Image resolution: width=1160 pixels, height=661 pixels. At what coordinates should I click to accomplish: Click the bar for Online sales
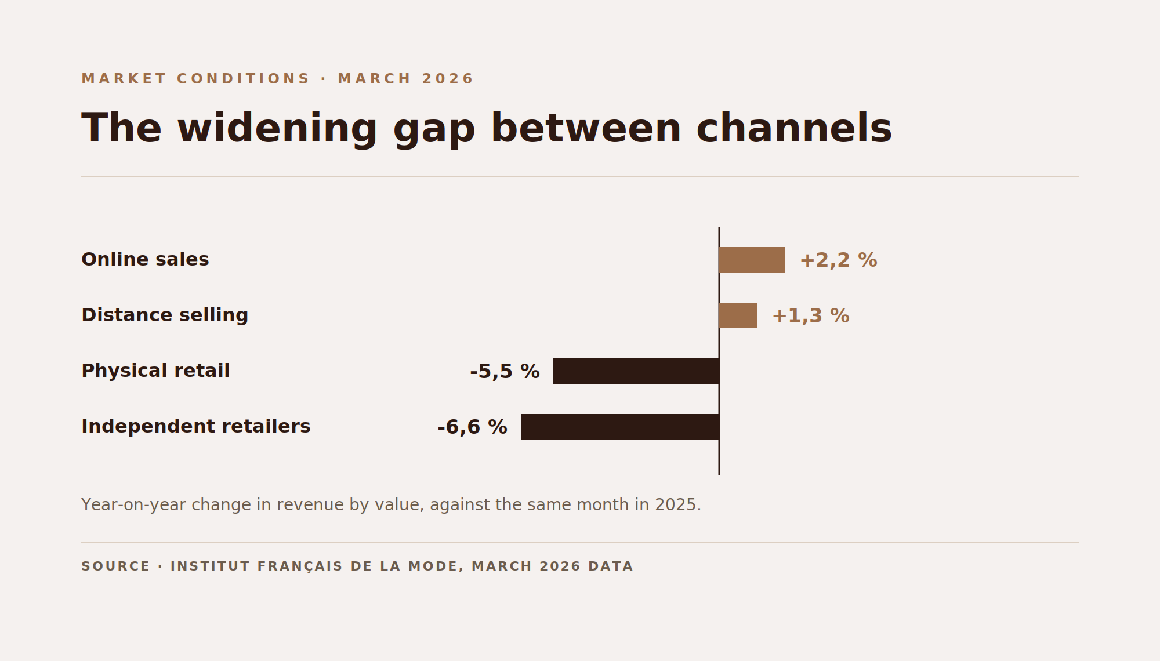coord(752,260)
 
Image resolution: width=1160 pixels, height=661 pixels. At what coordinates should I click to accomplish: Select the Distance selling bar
coord(738,315)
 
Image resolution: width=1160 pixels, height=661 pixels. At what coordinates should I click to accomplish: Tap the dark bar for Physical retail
coord(636,371)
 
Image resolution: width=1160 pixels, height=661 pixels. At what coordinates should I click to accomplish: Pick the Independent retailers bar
coord(620,427)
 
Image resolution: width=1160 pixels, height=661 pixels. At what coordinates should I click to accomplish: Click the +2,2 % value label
coord(838,260)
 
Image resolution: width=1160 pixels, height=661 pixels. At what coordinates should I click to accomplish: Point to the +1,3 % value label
coord(810,316)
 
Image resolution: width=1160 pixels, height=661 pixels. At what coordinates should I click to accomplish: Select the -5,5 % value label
coord(505,372)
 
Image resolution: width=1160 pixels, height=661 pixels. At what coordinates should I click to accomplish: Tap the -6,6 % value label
coord(472,427)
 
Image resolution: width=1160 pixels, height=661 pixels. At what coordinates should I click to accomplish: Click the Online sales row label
coord(145,259)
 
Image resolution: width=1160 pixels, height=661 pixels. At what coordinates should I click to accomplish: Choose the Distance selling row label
coord(165,315)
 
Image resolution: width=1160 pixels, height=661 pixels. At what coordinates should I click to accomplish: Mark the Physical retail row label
coord(155,371)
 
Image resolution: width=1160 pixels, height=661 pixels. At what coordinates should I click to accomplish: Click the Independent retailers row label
coord(196,426)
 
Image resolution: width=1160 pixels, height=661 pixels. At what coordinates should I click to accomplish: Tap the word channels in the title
coord(794,128)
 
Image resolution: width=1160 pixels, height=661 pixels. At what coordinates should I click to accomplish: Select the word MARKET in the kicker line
coord(124,79)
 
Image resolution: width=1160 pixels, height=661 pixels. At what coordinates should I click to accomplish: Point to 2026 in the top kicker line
coord(448,79)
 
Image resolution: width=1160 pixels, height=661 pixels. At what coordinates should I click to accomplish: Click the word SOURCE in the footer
coord(115,566)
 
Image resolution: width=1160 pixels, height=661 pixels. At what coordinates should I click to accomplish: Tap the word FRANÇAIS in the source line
coord(300,566)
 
